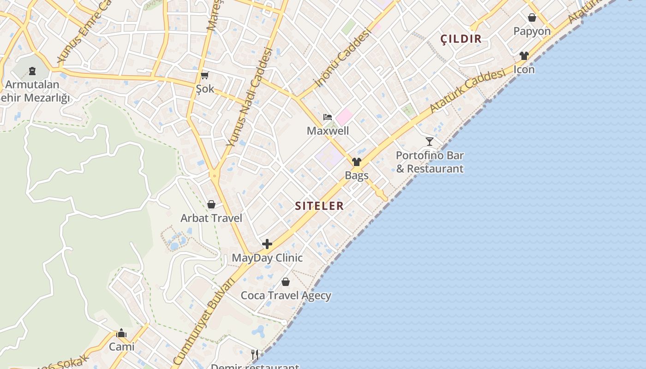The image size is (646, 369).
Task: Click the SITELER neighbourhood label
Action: (x=319, y=206)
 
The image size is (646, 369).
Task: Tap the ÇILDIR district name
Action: (x=461, y=39)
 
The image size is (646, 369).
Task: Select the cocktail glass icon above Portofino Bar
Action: (x=430, y=142)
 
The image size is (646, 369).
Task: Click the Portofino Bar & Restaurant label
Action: (x=430, y=162)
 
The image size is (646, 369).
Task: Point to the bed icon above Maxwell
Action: (x=328, y=117)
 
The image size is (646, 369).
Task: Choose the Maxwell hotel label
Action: (x=328, y=131)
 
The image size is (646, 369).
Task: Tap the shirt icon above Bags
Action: (x=357, y=162)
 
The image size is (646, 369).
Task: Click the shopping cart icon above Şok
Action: (x=205, y=75)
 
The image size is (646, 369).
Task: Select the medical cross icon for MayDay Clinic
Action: (x=267, y=244)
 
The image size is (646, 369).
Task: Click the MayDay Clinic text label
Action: (x=267, y=258)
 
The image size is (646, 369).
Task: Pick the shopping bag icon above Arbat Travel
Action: (x=211, y=204)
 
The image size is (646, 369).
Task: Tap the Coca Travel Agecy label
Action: (x=286, y=295)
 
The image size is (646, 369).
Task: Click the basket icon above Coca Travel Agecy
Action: (x=286, y=282)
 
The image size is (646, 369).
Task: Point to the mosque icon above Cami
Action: (x=121, y=333)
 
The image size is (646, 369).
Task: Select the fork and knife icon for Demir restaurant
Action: (x=254, y=354)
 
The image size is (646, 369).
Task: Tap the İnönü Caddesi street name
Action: (x=342, y=58)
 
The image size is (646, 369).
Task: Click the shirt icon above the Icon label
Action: (x=524, y=56)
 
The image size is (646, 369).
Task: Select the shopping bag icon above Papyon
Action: (x=532, y=18)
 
